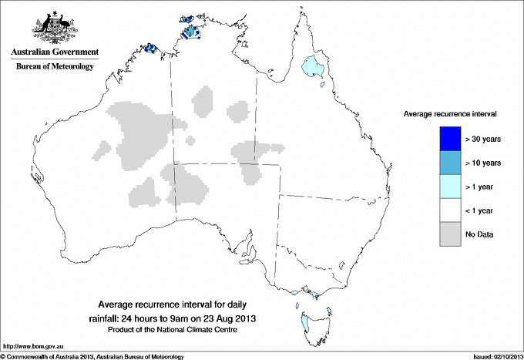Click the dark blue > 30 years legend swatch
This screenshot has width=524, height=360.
(x=449, y=139)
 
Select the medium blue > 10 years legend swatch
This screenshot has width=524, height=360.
(x=449, y=163)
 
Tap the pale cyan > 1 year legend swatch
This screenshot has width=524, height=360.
(x=449, y=187)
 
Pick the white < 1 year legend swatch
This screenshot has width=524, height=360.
(x=449, y=210)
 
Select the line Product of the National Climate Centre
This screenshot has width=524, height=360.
(x=171, y=330)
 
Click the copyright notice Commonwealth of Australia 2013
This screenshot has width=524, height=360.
(x=92, y=356)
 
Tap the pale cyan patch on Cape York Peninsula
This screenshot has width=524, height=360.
(x=312, y=66)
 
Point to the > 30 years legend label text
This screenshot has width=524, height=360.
(x=483, y=139)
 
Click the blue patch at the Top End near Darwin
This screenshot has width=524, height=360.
(x=189, y=32)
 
